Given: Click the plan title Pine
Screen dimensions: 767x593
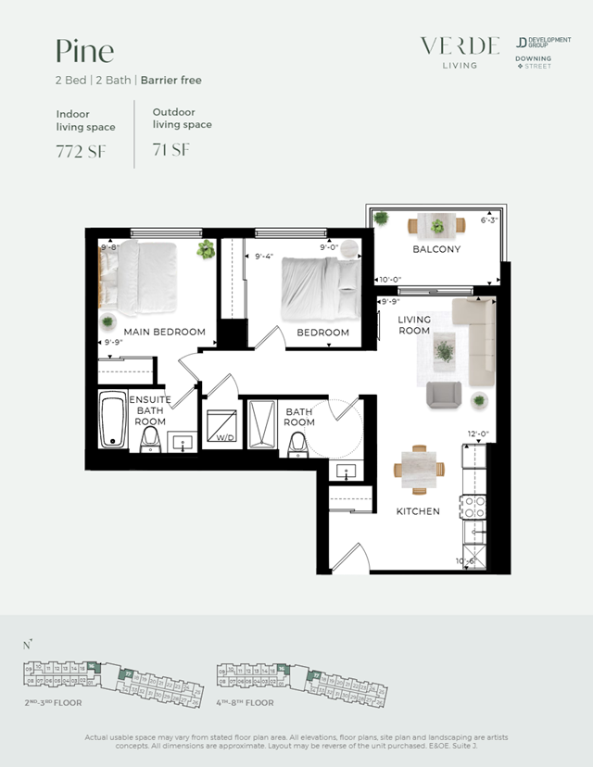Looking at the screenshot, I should coord(85,50).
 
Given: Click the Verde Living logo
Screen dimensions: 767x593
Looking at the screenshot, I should coord(460,51).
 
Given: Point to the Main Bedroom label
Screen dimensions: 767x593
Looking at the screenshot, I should coord(165,332).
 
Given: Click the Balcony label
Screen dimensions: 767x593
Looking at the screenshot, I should coord(436,249).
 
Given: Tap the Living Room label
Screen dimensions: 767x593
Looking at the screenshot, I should coord(414,325).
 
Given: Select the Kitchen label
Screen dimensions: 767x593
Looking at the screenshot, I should coord(418,511).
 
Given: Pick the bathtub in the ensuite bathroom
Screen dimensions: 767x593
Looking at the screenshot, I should coord(114,420).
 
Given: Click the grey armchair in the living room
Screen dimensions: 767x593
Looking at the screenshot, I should coord(444,395).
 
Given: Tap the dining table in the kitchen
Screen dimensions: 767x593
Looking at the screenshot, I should coord(419,468).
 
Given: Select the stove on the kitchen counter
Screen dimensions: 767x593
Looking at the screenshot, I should coord(473,506).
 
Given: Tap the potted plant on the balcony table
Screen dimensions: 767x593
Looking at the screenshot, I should coord(437,224).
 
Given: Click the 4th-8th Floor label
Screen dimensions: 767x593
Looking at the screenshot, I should coord(246,703).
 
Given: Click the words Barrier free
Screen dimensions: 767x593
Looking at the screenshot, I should coord(171,81).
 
